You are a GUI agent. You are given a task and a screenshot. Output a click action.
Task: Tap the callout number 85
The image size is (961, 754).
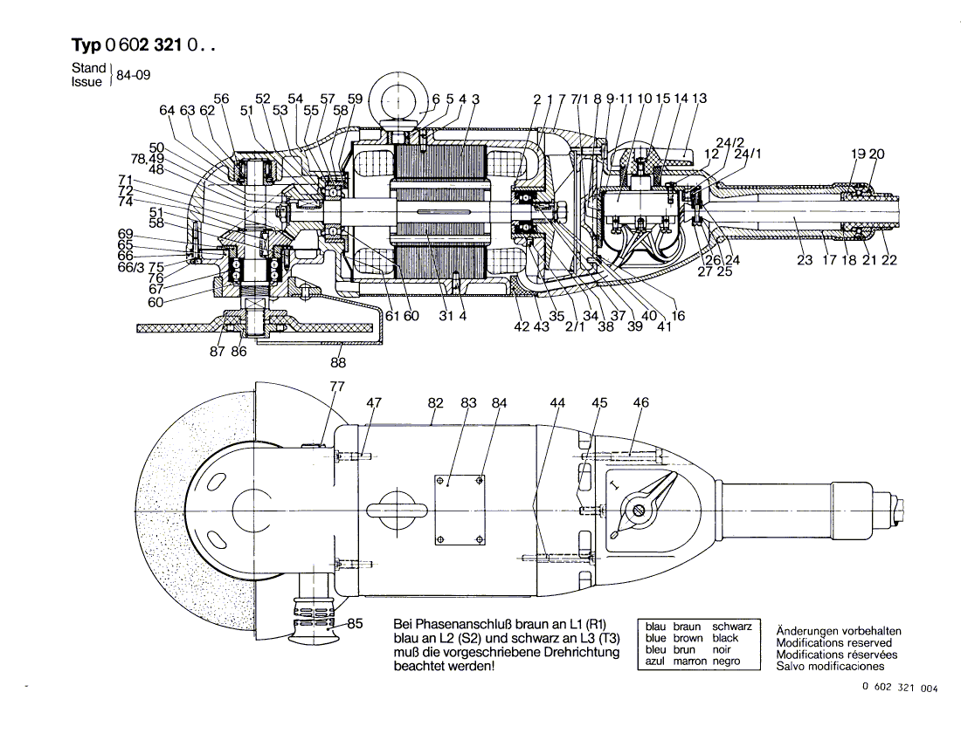click(x=355, y=624)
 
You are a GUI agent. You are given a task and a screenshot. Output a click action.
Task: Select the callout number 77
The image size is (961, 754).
click(x=337, y=387)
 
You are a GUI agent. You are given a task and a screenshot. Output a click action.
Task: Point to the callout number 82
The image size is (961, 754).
click(x=436, y=402)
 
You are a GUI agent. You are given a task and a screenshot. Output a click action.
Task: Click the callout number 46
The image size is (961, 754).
click(x=640, y=402)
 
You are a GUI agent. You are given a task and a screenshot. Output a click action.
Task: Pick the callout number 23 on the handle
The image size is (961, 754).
click(x=805, y=259)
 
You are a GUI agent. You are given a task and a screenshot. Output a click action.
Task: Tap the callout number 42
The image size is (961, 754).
click(x=521, y=326)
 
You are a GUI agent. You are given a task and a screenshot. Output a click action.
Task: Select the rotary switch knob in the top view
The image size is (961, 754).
click(x=646, y=504)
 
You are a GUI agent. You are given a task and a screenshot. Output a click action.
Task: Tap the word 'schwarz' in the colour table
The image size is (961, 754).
click(x=732, y=627)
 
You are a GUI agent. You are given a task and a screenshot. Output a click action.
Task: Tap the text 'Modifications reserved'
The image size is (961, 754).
click(x=834, y=642)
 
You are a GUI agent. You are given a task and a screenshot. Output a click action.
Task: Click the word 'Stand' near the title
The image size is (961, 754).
click(x=88, y=68)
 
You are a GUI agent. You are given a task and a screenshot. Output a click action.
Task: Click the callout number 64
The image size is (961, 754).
click(x=167, y=110)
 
